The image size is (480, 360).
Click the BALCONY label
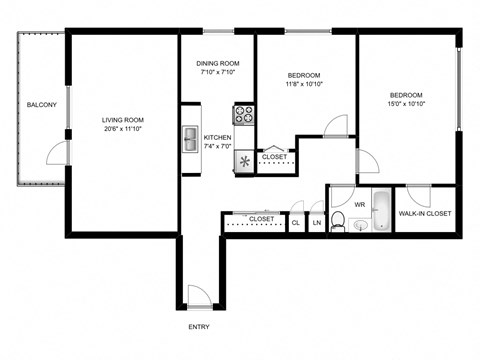click(41, 105)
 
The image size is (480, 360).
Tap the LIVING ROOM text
click(123, 120)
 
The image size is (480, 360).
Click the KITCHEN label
click(218, 138)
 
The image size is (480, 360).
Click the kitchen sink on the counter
click(190, 139)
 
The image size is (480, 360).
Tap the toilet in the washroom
click(339, 222)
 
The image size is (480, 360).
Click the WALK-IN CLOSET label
click(425, 213)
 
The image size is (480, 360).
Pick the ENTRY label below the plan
click(199, 326)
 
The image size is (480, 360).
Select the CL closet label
click(296, 222)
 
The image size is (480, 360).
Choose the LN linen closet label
click(317, 222)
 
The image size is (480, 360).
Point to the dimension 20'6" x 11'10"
click(123, 129)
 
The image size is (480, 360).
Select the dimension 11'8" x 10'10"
click(304, 85)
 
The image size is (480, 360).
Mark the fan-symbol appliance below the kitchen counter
click(245, 161)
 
